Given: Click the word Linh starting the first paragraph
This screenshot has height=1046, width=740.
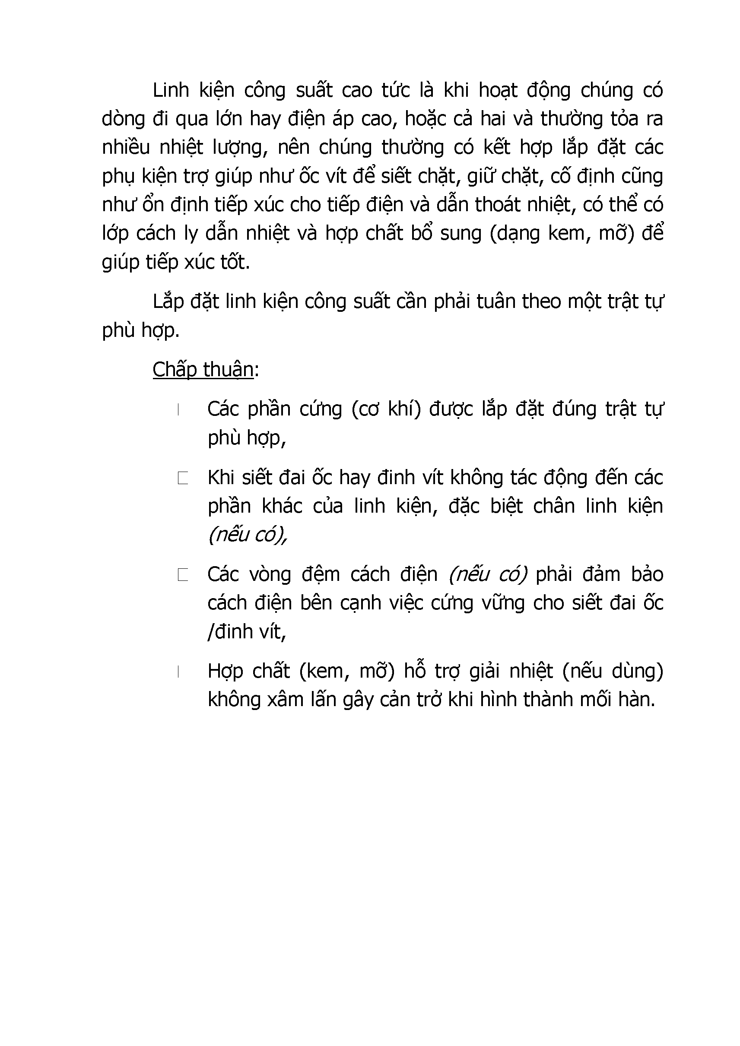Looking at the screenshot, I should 171,91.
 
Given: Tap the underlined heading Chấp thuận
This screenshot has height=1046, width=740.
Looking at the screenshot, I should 203,370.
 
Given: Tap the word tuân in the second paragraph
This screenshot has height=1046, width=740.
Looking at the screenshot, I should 497,301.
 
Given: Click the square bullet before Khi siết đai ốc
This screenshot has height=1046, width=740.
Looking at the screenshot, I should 183,479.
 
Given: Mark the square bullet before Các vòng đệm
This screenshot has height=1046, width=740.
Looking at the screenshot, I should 183,575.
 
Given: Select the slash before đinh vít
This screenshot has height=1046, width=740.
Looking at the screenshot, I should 210,632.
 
